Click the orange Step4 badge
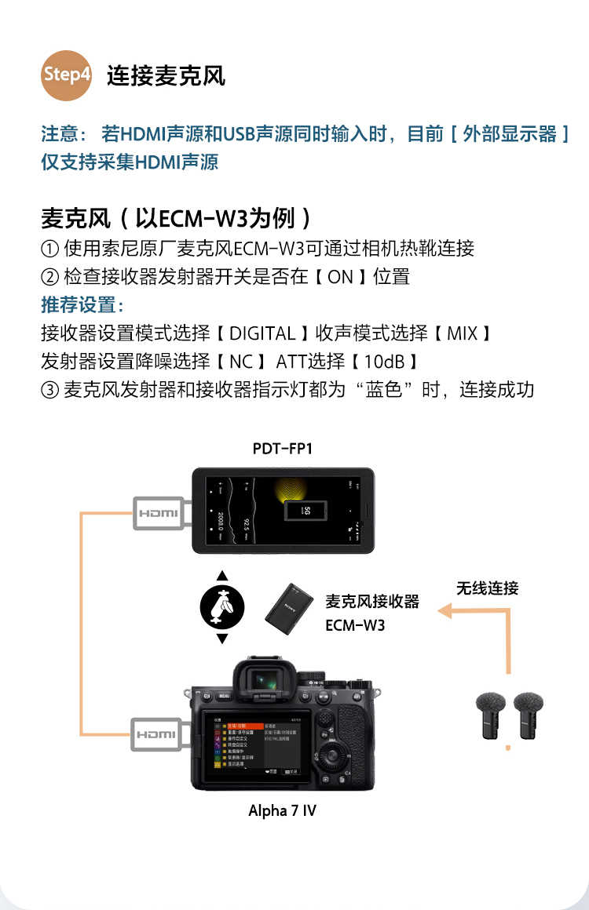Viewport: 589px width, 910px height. [x=67, y=75]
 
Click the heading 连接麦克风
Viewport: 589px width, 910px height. [x=166, y=76]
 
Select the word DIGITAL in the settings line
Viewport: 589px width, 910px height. [x=262, y=333]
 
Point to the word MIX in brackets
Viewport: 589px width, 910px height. [x=462, y=333]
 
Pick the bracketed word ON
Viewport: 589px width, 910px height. [x=340, y=277]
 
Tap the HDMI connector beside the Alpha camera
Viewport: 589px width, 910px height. [x=158, y=734]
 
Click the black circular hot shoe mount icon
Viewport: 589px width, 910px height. [x=222, y=607]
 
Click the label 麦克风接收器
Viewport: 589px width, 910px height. [x=372, y=602]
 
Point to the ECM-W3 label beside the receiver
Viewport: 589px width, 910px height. [x=355, y=626]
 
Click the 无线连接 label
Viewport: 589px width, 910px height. [x=488, y=588]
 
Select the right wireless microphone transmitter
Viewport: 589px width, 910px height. [x=529, y=715]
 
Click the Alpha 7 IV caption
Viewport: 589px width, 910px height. [x=282, y=810]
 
